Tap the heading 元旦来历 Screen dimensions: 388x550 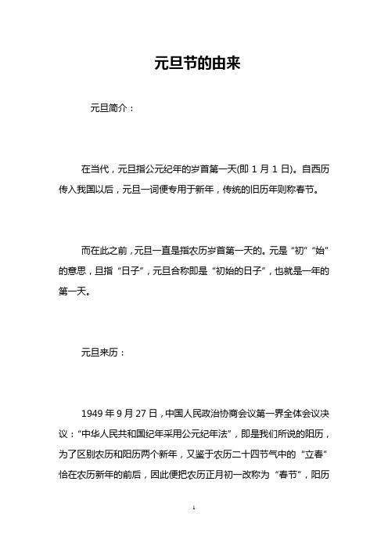click(x=102, y=353)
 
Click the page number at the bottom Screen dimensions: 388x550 click(x=194, y=530)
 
